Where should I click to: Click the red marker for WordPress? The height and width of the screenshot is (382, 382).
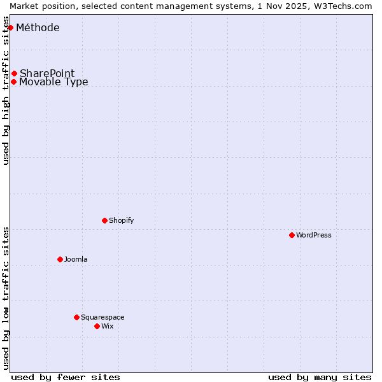point(292,235)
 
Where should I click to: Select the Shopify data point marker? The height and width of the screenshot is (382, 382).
point(104,220)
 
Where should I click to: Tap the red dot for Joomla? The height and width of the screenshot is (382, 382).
point(60,259)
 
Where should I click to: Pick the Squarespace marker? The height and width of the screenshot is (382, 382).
point(76,317)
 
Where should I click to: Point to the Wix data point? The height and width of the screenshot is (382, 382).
point(97,326)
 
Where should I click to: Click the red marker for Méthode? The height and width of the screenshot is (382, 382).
point(10,27)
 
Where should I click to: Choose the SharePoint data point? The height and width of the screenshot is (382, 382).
point(14,73)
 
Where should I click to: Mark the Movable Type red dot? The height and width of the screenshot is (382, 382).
point(13,81)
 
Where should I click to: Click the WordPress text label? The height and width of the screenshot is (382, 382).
point(314,235)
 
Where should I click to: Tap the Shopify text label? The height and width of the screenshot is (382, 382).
point(121,220)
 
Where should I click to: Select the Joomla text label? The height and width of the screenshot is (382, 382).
point(76,259)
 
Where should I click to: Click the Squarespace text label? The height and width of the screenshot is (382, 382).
point(103,317)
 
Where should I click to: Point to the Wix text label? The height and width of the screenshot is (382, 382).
point(108,326)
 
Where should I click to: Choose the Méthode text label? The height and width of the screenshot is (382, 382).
point(38,27)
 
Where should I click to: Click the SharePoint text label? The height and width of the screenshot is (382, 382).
point(47,73)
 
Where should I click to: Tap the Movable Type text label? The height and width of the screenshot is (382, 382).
point(53,81)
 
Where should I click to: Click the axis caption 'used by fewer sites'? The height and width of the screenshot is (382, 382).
point(66,377)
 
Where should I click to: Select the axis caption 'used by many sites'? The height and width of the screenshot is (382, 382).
point(320,377)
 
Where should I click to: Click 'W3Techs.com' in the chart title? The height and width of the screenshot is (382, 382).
point(346,5)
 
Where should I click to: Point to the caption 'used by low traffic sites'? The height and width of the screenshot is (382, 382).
point(6,297)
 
